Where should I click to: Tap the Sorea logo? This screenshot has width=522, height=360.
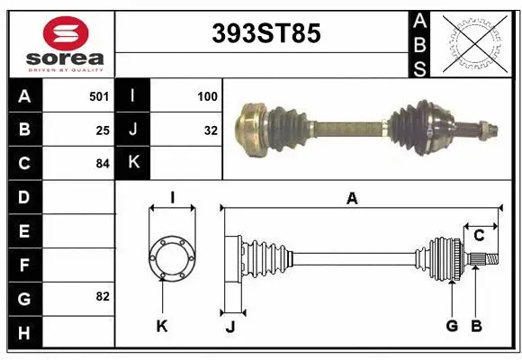tap(58, 40)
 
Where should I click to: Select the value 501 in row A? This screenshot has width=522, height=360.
tap(99, 94)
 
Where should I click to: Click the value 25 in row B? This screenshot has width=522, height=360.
tap(103, 130)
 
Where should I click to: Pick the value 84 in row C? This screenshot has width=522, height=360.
tap(103, 164)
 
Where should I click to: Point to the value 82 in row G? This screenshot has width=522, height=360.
tap(103, 296)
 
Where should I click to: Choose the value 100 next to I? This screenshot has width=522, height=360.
tap(208, 94)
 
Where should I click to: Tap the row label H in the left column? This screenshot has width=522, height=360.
tap(23, 332)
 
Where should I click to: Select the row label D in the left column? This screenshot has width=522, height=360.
tap(23, 196)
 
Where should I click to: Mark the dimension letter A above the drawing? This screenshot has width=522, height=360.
tap(352, 199)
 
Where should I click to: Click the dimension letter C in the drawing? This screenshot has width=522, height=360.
tap(479, 236)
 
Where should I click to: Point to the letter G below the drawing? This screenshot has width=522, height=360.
tap(452, 326)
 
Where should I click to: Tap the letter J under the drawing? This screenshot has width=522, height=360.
tap(229, 326)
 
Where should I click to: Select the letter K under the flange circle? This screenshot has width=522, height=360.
tap(162, 326)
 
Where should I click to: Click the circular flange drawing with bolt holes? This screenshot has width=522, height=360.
tap(171, 257)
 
